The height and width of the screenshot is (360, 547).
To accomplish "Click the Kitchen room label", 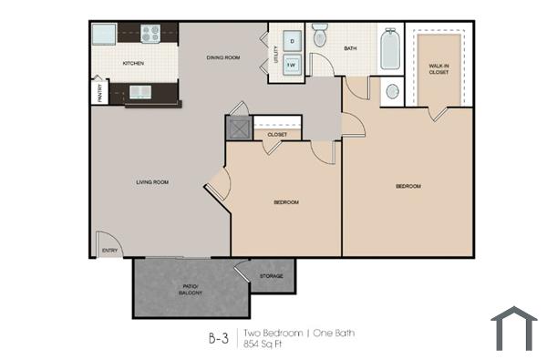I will point(135,63).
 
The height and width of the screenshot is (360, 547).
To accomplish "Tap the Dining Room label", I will point(223,57).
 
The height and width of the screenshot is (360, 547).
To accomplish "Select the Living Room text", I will point(152,182).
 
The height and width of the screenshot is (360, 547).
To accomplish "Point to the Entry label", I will point(110,250).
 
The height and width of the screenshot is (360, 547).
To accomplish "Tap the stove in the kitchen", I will point(150,34).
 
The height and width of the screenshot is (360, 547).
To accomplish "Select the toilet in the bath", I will point(320,36).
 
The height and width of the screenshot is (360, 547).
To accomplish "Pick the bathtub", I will point(389,50).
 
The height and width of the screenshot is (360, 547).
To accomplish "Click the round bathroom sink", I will point(392,91).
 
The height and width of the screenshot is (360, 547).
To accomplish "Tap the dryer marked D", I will point(292,41).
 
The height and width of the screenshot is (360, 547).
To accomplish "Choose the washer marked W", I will point(292,66).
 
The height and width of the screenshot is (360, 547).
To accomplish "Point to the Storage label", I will point(271,275).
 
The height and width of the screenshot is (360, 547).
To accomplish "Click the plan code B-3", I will point(219,339).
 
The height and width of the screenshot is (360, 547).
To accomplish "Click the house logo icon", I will point(514,328).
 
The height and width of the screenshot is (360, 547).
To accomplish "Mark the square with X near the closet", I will point(238,129).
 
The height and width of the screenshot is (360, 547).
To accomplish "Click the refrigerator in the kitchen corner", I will point(103,33).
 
